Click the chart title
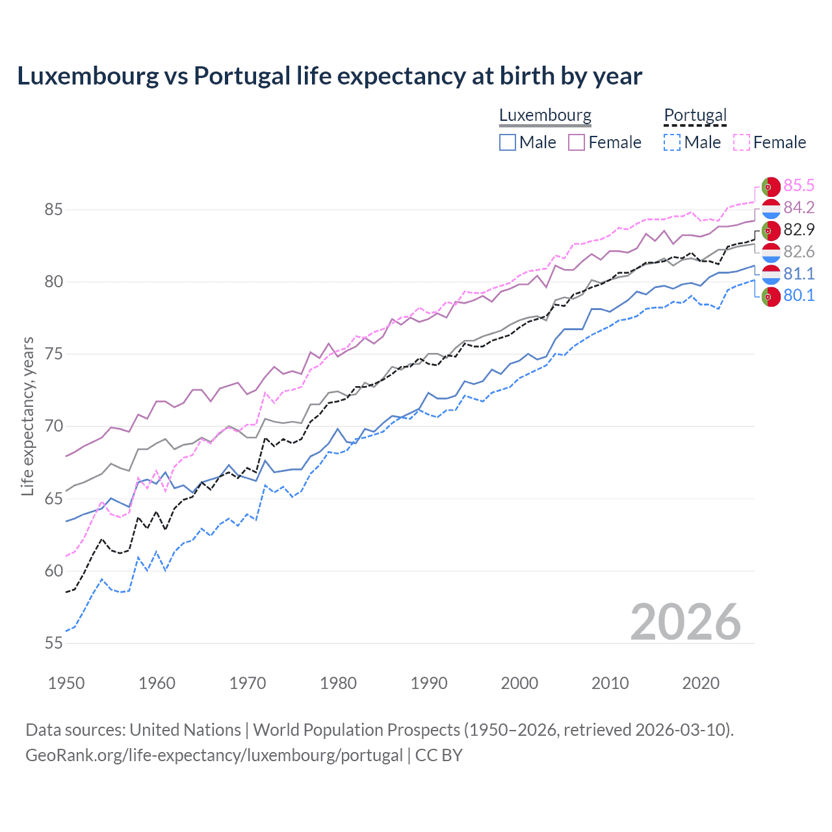330,76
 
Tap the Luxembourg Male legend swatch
508,142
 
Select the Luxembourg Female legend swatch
577,142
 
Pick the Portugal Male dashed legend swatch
672,142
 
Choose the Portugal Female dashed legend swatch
742,142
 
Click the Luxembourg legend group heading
545,115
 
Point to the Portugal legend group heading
695,115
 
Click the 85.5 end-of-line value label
799,186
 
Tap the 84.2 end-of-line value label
799,208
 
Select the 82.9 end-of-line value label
799,230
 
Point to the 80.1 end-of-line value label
799,296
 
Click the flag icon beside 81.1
771,274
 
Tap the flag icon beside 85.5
771,187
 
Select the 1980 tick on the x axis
338,683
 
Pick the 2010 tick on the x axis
610,683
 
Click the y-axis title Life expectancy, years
28,416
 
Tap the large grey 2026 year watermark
686,623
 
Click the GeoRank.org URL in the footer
214,755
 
